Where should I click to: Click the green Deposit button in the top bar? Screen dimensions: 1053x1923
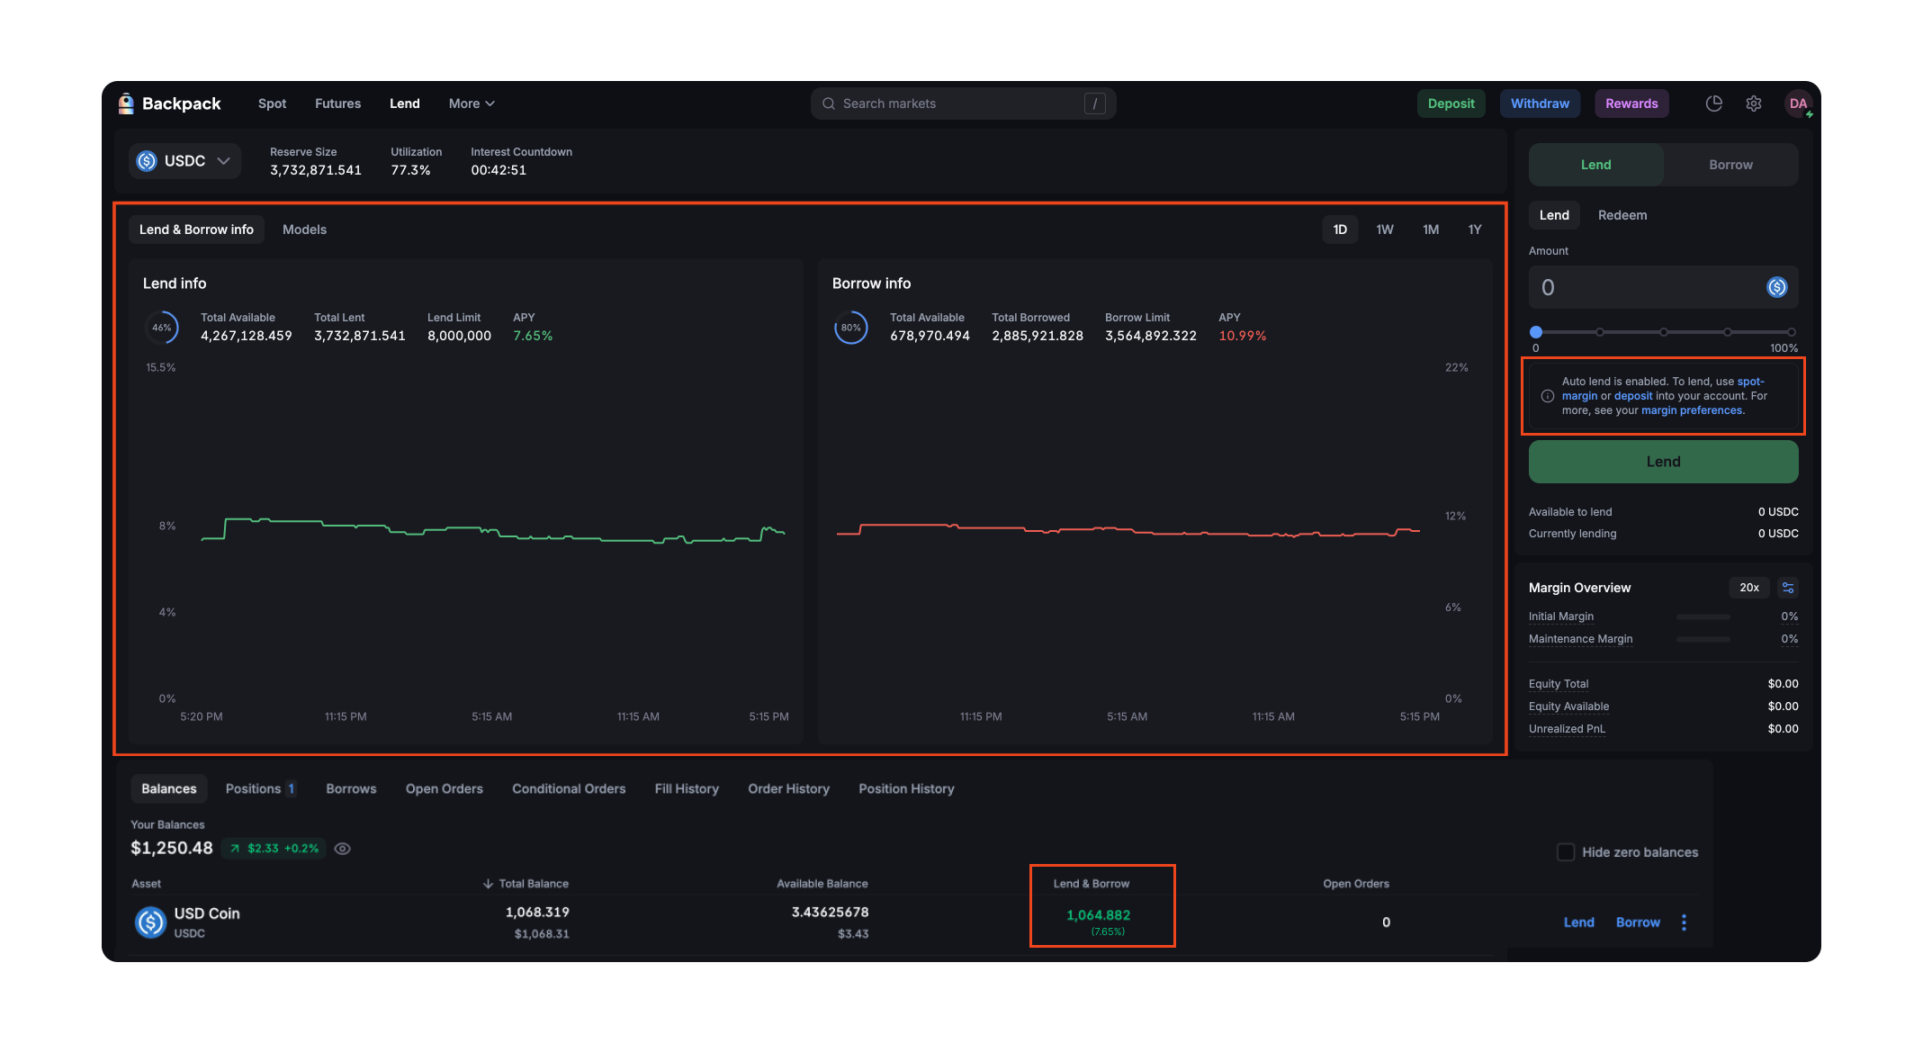coord(1451,103)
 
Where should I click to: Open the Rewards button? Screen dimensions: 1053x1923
coord(1631,103)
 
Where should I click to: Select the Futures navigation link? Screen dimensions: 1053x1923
coord(337,103)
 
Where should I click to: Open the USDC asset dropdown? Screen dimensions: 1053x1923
coord(184,161)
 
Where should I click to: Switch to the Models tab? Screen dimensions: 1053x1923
coord(304,229)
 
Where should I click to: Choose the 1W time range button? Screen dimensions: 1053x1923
coord(1384,229)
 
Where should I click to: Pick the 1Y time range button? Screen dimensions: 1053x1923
coord(1474,229)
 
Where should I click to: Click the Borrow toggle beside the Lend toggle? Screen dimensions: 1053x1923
coord(1730,165)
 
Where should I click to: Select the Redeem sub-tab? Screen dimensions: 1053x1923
coord(1622,215)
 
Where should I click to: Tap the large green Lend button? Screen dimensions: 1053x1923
coord(1663,462)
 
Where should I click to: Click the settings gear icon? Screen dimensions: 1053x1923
coord(1753,103)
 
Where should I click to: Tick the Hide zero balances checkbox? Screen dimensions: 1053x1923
coord(1566,852)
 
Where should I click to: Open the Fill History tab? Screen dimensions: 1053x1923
coord(687,788)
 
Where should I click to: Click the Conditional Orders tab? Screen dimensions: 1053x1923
coord(569,788)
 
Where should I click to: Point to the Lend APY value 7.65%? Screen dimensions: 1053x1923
coord(533,336)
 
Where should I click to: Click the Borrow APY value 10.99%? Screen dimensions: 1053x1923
coord(1242,336)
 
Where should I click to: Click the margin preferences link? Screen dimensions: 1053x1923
coord(1692,410)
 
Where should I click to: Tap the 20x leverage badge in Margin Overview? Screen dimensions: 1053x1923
coord(1748,588)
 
